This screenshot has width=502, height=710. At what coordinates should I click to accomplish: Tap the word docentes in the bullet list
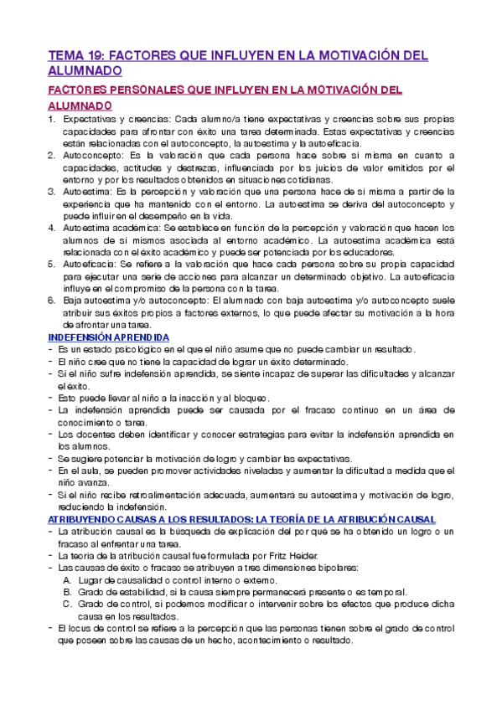93,435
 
